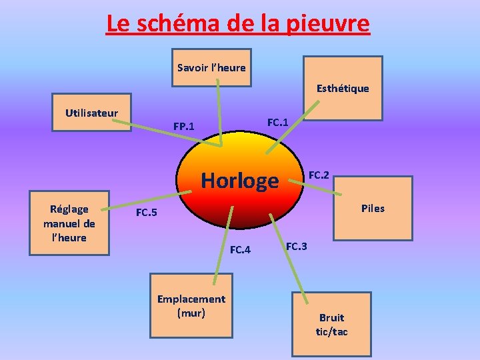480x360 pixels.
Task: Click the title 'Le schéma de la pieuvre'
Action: click(237, 24)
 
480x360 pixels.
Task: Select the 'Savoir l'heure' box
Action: click(211, 67)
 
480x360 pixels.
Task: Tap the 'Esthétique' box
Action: click(343, 88)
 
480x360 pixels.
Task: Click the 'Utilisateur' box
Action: click(92, 113)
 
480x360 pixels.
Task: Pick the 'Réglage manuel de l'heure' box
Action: click(69, 223)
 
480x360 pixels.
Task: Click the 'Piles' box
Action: click(373, 209)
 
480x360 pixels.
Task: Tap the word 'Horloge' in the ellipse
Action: click(239, 181)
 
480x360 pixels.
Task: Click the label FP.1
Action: click(184, 126)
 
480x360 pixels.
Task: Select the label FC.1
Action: click(277, 122)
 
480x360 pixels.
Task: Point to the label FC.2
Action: click(319, 175)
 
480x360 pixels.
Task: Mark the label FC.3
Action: click(297, 247)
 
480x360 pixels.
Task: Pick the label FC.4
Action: click(240, 250)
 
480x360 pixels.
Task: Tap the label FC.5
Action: click(147, 213)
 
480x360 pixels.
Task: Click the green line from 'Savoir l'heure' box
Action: click(220, 113)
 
